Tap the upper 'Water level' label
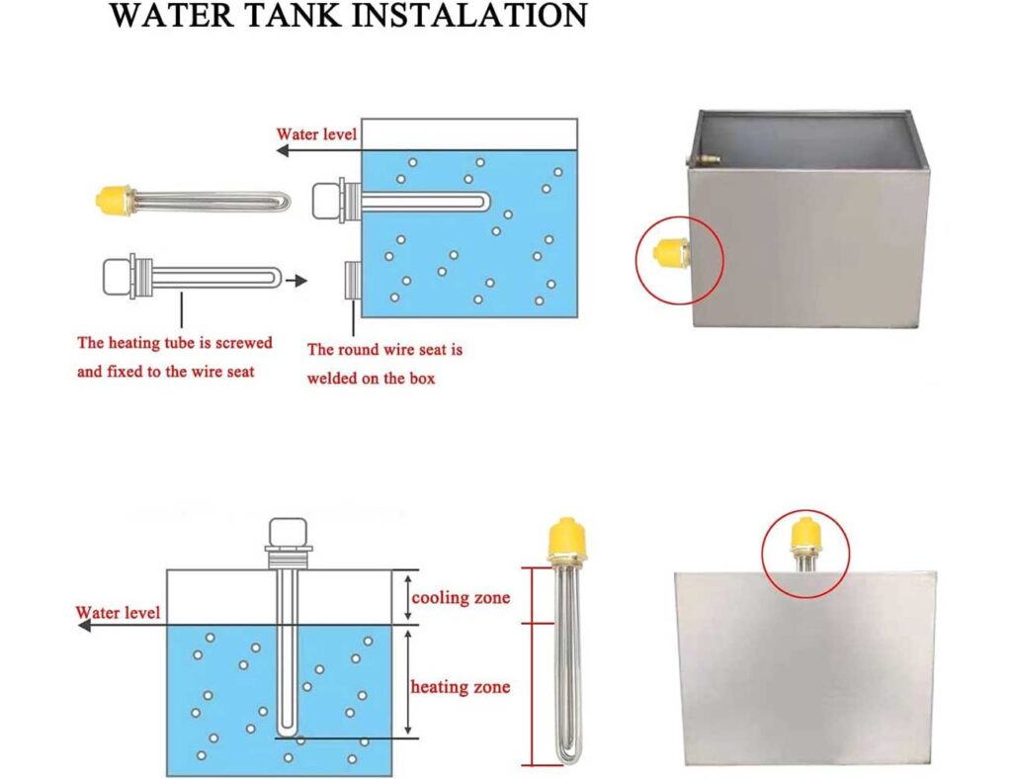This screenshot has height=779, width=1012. pyautogui.click(x=316, y=134)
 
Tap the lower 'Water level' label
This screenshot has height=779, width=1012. pyautogui.click(x=118, y=612)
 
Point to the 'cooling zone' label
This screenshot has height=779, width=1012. pyautogui.click(x=461, y=598)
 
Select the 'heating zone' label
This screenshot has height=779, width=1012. pyautogui.click(x=461, y=687)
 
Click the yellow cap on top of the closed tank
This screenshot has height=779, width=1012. pyautogui.click(x=806, y=533)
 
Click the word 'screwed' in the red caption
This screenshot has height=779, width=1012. pyautogui.click(x=244, y=343)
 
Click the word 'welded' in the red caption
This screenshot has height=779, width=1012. pyautogui.click(x=332, y=379)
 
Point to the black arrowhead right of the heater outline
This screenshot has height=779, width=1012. pyautogui.click(x=298, y=281)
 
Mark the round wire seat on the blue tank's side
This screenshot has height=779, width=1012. pyautogui.click(x=353, y=281)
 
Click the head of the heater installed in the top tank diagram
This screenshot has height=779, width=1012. pyautogui.click(x=328, y=202)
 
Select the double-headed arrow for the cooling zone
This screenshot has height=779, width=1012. pyautogui.click(x=408, y=597)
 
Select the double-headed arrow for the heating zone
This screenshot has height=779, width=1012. pyautogui.click(x=408, y=682)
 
